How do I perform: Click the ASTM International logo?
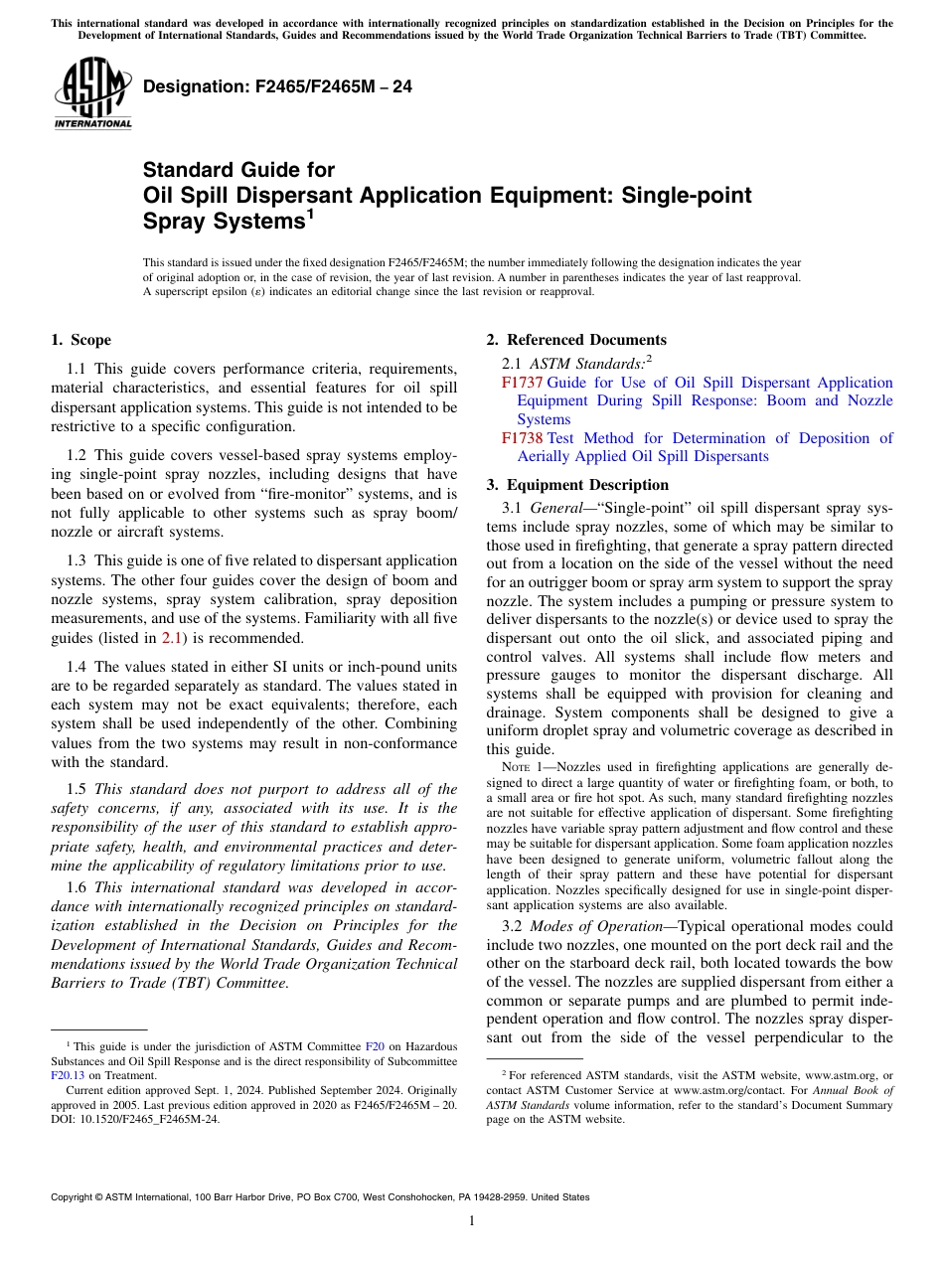(x=92, y=93)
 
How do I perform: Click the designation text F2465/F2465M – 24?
(x=277, y=87)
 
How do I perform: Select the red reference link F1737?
(x=522, y=383)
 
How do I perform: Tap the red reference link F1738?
(x=522, y=438)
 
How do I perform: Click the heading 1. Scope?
(x=80, y=340)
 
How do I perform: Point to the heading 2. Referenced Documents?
(x=576, y=340)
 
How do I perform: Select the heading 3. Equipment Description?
(x=577, y=485)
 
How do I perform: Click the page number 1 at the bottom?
(x=472, y=1221)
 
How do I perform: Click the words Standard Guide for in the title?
(x=239, y=170)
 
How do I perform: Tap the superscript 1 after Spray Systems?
(x=311, y=215)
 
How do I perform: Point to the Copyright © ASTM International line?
(x=319, y=1197)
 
